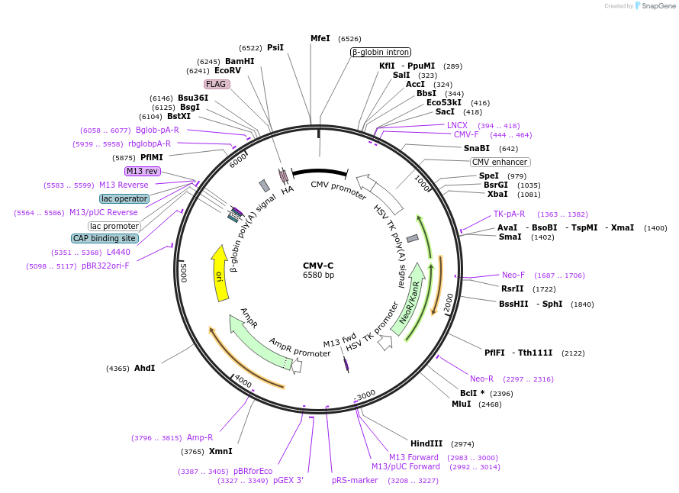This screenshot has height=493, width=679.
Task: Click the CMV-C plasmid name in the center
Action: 318,266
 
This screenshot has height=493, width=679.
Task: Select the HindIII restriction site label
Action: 426,443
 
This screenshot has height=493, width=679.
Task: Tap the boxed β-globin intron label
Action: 381,53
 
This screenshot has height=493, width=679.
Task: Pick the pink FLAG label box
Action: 216,84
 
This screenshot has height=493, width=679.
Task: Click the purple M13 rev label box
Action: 142,171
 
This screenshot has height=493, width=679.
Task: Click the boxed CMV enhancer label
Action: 500,162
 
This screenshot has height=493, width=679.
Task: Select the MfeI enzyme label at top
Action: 320,38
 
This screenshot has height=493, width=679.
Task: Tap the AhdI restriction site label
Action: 145,368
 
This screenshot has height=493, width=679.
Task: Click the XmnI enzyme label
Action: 220,451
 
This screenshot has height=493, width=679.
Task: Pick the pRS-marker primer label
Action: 355,481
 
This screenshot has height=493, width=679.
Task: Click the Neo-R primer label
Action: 481,379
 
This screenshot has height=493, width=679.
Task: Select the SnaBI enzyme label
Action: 477,148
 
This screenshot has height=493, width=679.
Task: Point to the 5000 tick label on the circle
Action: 183,271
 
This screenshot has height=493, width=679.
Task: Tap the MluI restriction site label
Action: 462,404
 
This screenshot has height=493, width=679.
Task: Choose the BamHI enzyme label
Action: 240,61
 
